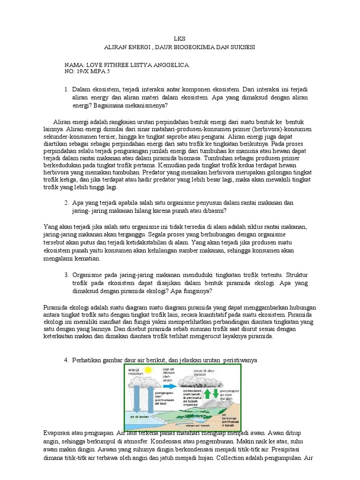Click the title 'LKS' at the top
[x=180, y=38]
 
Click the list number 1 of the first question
[x=67, y=89]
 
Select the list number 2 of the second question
[x=67, y=203]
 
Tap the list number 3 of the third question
[x=67, y=275]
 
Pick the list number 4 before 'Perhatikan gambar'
[x=67, y=360]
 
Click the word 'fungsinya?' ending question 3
[x=197, y=292]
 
